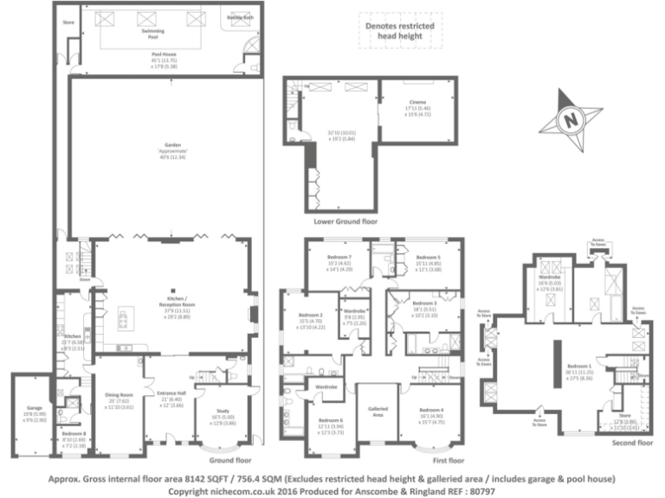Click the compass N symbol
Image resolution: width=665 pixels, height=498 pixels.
[x=569, y=120]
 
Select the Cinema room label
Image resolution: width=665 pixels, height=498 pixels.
[x=417, y=103]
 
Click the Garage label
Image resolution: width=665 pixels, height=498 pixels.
[x=34, y=406]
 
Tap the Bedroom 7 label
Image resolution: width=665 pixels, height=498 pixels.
[x=339, y=258]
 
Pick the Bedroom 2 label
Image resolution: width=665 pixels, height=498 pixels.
[x=310, y=316]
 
